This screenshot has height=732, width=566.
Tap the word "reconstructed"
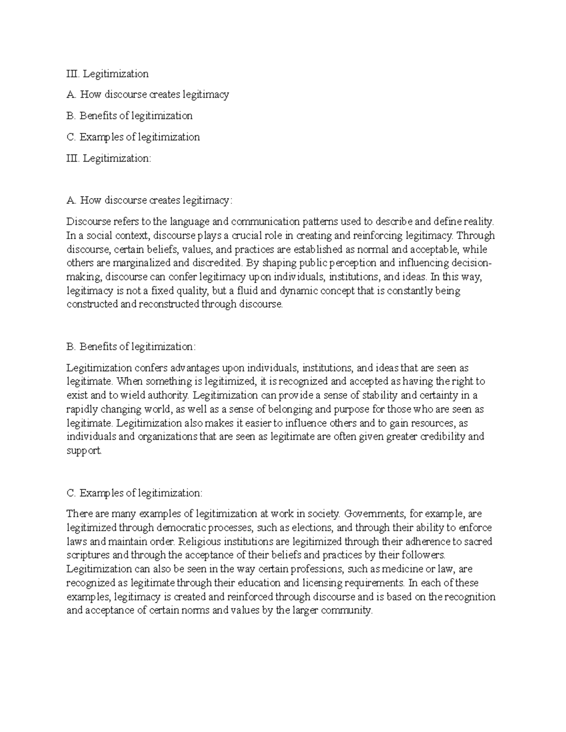(169, 304)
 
